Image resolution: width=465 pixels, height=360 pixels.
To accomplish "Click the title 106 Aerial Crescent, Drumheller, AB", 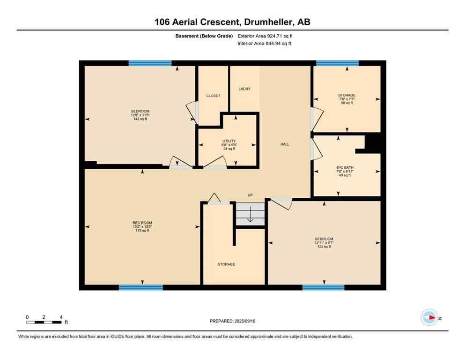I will pyautogui.click(x=232, y=22).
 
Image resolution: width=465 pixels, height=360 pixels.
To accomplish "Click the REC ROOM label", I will pyautogui.click(x=142, y=223).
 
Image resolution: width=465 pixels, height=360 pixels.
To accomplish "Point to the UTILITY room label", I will pyautogui.click(x=229, y=141).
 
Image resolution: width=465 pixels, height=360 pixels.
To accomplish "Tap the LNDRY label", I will pyautogui.click(x=244, y=89).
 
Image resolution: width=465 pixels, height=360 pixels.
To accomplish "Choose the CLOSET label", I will pyautogui.click(x=213, y=96).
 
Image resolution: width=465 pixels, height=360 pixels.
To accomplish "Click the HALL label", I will pyautogui.click(x=285, y=144).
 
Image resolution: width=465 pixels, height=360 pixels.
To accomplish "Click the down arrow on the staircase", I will pyautogui.click(x=250, y=216).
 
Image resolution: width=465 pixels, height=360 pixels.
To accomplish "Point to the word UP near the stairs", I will pyautogui.click(x=251, y=195).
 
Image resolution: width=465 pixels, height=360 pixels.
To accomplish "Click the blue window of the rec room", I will pyautogui.click(x=140, y=287).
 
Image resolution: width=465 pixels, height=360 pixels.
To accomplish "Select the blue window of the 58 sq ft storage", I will pyautogui.click(x=337, y=63).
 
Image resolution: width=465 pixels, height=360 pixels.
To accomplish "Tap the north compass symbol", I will pyautogui.click(x=429, y=317).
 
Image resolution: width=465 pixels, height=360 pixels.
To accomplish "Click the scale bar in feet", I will pyautogui.click(x=44, y=322).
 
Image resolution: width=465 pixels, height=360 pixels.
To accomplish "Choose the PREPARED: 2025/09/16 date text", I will pyautogui.click(x=232, y=321).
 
